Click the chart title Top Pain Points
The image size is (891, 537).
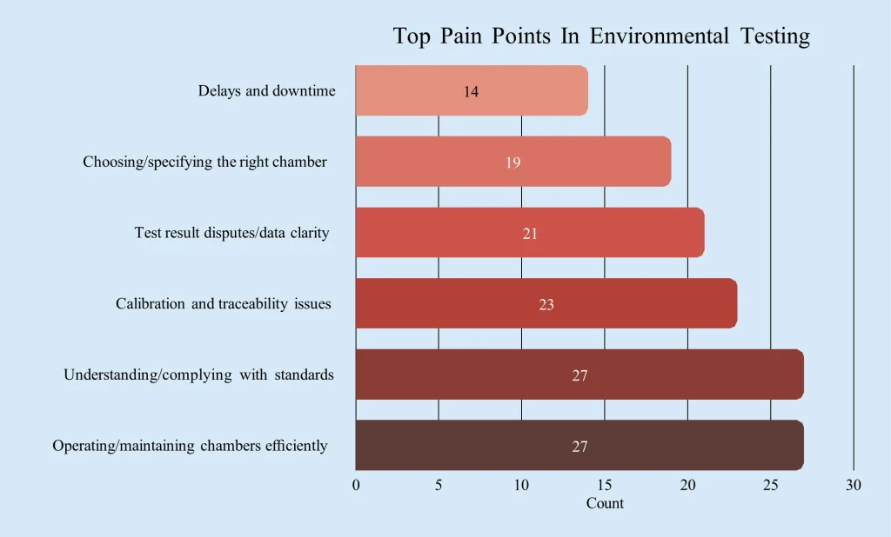(601, 36)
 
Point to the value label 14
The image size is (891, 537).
(471, 91)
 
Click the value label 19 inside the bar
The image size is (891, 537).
(513, 162)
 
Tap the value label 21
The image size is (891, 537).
(530, 234)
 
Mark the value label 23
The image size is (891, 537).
(546, 305)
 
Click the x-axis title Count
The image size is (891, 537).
(605, 504)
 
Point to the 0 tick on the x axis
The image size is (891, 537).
(356, 486)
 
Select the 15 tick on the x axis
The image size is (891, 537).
(605, 486)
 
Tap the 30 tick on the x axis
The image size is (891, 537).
(854, 486)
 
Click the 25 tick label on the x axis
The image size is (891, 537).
(770, 486)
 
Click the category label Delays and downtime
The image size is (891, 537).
(266, 91)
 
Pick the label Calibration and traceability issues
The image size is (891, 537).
(224, 304)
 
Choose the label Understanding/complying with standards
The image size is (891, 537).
(198, 375)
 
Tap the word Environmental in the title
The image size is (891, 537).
(659, 36)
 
